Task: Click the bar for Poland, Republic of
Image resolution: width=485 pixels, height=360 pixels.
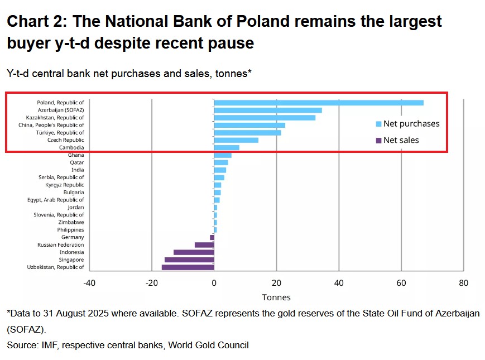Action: (318, 103)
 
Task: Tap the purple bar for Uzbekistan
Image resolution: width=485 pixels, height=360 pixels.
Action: (188, 267)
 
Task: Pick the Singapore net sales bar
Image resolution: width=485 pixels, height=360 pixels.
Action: (189, 260)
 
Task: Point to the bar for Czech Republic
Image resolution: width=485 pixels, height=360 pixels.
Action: (236, 140)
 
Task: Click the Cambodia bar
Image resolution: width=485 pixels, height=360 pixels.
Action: (227, 147)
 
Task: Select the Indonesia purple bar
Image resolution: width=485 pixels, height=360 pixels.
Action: (194, 252)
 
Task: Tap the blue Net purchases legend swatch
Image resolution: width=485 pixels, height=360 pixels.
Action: (379, 124)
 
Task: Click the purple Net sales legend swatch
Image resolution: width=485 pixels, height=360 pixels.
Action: (379, 140)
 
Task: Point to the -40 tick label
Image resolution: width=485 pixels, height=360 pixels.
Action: (89, 283)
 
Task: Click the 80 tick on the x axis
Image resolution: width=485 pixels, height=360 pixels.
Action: (463, 283)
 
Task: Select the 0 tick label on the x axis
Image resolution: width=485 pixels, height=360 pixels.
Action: (214, 283)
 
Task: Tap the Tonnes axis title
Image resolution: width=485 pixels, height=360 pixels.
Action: (276, 297)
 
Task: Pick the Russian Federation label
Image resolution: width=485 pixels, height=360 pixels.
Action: (61, 245)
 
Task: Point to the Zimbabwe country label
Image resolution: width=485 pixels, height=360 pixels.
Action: (71, 222)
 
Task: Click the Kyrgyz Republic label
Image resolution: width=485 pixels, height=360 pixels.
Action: (65, 185)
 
